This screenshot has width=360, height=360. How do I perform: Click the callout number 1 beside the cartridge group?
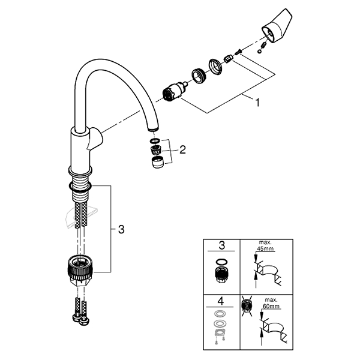(257, 102)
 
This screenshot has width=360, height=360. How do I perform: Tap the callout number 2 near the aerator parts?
(182, 150)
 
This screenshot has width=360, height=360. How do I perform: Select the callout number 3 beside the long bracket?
(121, 229)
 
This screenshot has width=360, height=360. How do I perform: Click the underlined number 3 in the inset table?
(221, 245)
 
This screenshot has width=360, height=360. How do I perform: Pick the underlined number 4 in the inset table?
(220, 301)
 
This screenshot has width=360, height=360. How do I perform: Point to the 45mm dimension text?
(265, 249)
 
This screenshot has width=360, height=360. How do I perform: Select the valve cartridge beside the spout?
(175, 91)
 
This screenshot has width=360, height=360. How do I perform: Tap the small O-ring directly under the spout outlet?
(155, 141)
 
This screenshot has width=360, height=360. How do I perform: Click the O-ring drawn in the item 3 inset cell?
(221, 262)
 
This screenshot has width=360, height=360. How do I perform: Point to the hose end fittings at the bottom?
(80, 319)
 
